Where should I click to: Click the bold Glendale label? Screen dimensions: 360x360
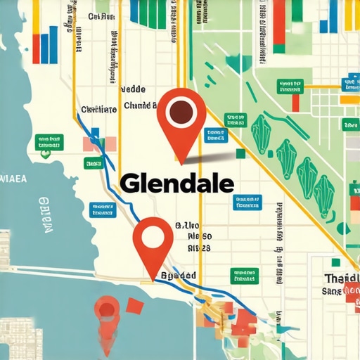pyautogui.click(x=176, y=184)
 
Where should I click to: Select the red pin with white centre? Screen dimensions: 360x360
pyautogui.click(x=153, y=239)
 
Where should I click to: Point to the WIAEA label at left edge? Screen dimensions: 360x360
pyautogui.click(x=12, y=179)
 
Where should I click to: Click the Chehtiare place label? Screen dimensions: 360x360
pyautogui.click(x=98, y=110)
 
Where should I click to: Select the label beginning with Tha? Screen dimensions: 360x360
pyautogui.click(x=340, y=278)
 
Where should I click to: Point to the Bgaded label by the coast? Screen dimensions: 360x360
pyautogui.click(x=179, y=276)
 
